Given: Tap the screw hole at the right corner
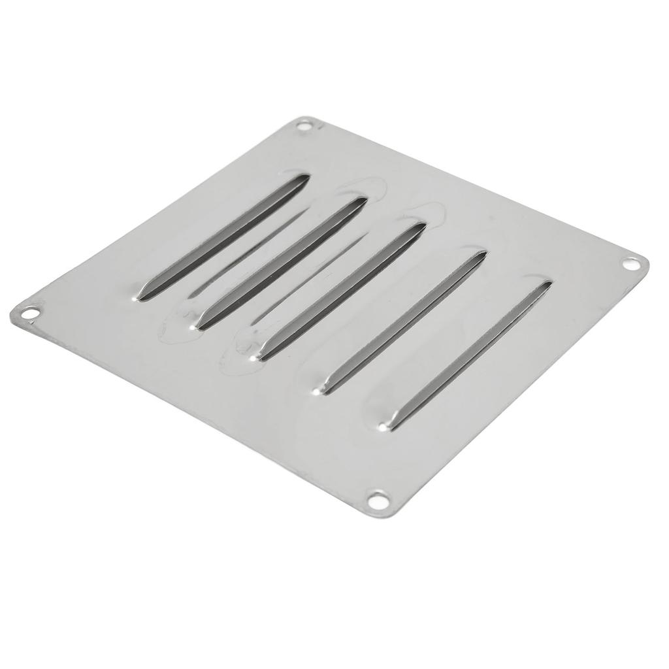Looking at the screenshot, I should pos(630,264).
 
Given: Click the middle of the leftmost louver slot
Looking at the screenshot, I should pos(222,237).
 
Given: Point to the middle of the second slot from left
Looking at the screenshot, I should pos(281,261).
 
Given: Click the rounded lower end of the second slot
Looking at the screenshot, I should pos(199,321).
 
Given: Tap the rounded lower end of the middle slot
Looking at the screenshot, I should pos(259,355).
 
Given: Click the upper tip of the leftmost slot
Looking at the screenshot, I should pos(303,178).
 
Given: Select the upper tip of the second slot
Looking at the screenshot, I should pos(363,201).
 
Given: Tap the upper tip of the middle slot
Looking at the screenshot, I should pos(421,227).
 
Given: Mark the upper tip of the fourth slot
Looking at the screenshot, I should pos(482,253).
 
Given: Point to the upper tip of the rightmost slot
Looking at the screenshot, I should pos(547,284).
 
